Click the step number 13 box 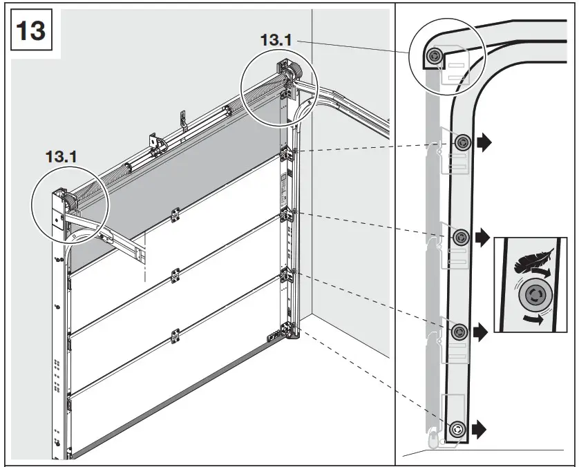(31, 30)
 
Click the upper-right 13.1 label (276, 40)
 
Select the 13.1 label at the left (61, 157)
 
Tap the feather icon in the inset (533, 260)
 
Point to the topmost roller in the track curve (435, 57)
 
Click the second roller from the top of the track (462, 142)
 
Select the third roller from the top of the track (461, 238)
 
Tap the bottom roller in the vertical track (457, 429)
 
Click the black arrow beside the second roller (484, 142)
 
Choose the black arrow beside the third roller (483, 237)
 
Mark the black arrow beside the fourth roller (481, 332)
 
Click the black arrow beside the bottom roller (480, 429)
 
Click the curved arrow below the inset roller (534, 318)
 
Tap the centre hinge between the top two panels (175, 215)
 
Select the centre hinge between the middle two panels (175, 276)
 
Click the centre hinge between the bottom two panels (175, 336)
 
